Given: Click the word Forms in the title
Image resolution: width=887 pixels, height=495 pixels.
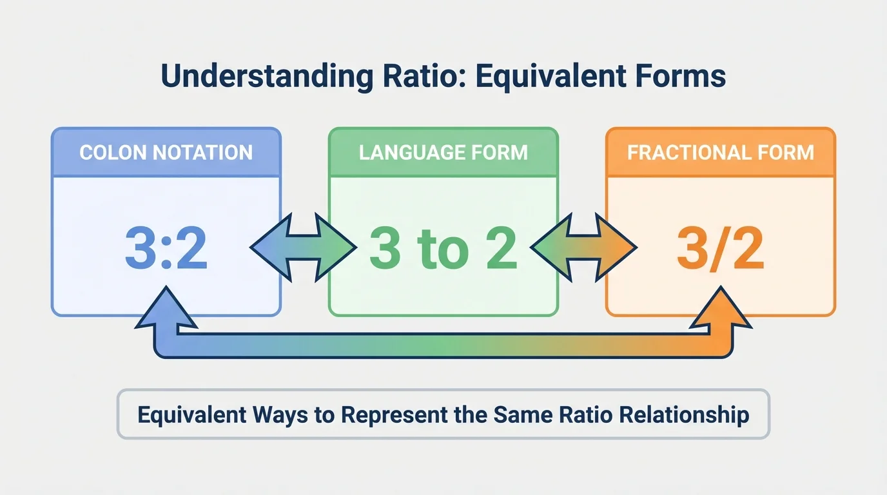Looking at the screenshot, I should click(x=686, y=76).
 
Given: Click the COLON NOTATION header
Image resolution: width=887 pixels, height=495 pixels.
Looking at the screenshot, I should click(x=166, y=153).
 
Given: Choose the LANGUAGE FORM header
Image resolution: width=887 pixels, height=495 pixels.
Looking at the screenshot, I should click(x=443, y=153).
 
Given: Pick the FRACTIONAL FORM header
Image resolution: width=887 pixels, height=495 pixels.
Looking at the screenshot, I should click(x=720, y=153).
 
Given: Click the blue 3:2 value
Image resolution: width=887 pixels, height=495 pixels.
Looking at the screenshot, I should click(x=166, y=247).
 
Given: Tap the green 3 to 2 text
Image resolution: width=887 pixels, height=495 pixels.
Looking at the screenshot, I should click(x=443, y=247).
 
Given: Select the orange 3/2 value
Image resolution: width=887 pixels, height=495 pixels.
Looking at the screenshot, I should click(x=720, y=247).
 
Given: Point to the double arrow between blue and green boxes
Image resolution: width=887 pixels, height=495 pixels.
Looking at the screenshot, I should click(x=304, y=247).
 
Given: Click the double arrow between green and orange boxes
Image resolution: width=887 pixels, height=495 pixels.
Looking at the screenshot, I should click(x=583, y=247).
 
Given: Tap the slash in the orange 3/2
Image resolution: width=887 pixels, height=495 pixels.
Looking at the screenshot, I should click(x=719, y=247).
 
